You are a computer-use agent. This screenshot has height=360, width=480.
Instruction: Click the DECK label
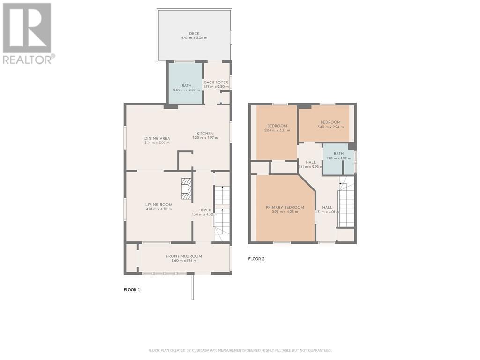(x=194, y=33)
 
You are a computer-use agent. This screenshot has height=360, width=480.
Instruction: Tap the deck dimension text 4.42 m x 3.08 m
(x=194, y=38)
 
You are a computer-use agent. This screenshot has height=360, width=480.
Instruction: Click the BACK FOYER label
(x=216, y=82)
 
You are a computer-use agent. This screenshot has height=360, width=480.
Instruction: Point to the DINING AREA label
(x=157, y=138)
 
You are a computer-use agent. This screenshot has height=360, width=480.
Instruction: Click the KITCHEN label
(x=205, y=134)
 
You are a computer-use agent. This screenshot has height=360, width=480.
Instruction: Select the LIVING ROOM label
(x=158, y=204)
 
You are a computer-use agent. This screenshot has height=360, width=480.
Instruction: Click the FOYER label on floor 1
(x=204, y=210)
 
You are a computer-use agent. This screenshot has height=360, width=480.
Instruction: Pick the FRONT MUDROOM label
(x=184, y=256)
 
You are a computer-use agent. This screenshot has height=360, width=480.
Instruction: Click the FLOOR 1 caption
(x=132, y=290)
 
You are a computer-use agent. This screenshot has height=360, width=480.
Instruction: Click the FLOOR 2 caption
(x=256, y=258)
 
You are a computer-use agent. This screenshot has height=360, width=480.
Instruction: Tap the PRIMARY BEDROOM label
(x=285, y=207)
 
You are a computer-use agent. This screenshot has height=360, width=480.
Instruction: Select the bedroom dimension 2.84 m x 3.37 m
(x=277, y=131)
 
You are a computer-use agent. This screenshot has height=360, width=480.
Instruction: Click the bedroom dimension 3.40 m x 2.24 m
(x=330, y=127)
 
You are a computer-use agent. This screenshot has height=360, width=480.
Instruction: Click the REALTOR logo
(x=28, y=33)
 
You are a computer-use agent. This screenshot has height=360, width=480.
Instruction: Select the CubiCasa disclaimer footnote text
(x=240, y=350)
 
